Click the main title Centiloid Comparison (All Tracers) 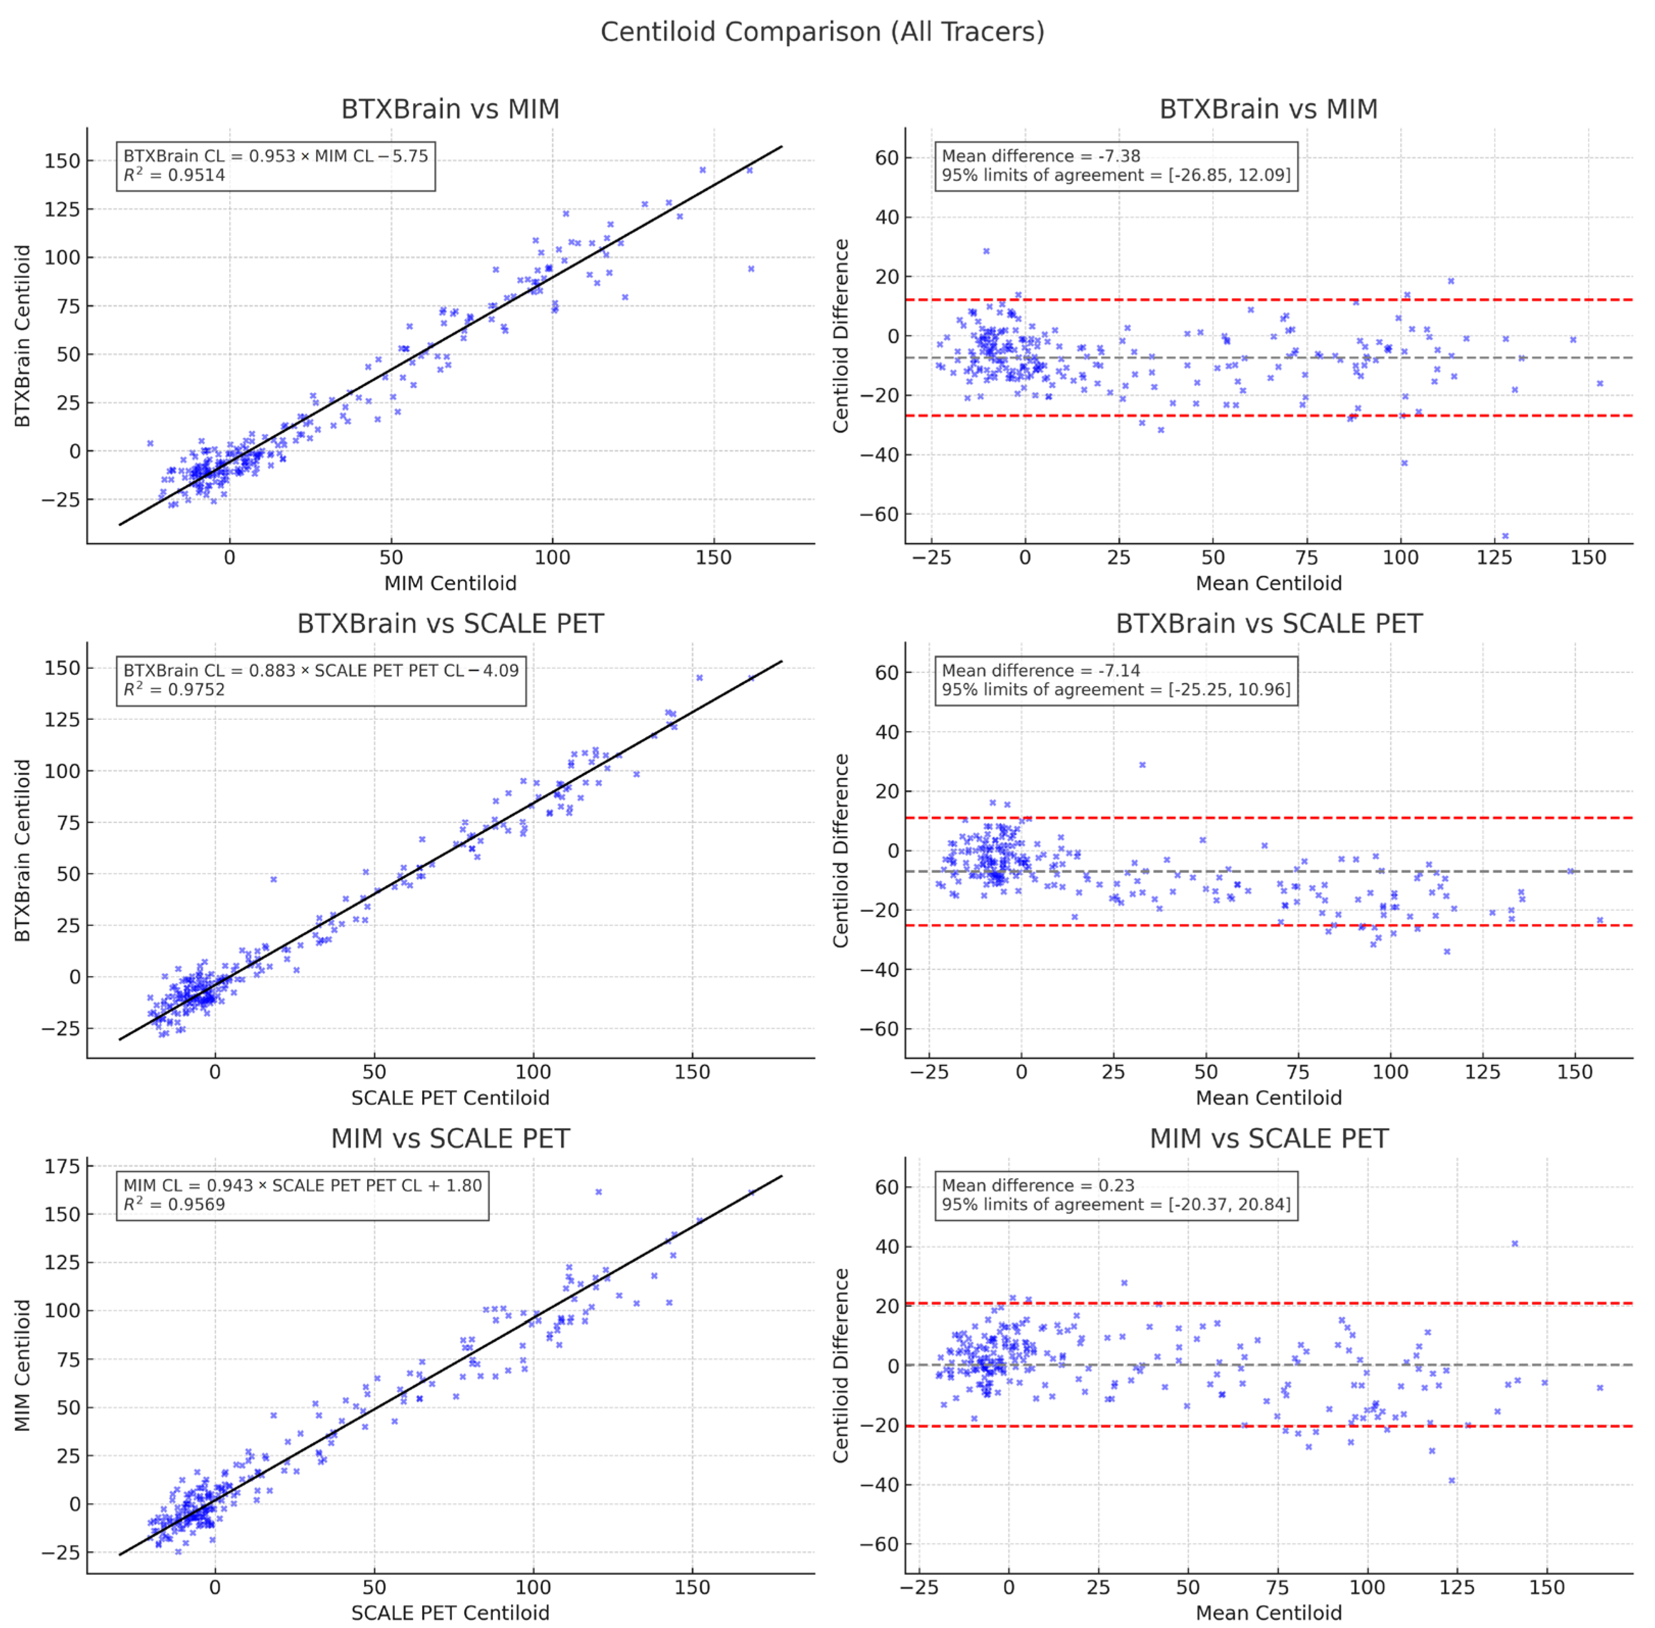click(x=822, y=32)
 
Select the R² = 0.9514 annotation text click(x=175, y=175)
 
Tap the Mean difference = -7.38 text click(x=1041, y=156)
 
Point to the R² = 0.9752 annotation click(x=175, y=690)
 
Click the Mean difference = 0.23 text click(x=1038, y=1185)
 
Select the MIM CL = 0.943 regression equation click(x=303, y=1185)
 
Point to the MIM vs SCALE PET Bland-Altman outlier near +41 click(x=1515, y=1243)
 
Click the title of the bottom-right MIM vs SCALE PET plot click(x=1268, y=1139)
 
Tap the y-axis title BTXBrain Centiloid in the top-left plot click(x=23, y=336)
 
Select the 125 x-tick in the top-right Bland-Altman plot click(x=1494, y=557)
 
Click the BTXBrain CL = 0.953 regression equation click(x=275, y=156)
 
